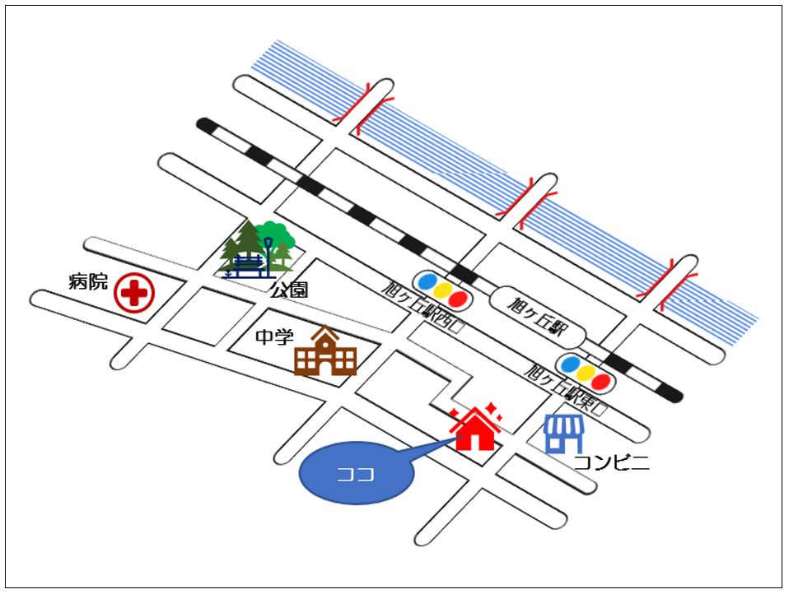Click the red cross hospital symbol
(x=134, y=293)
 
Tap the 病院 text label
(x=88, y=281)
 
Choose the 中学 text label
(x=274, y=336)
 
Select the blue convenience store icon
(x=564, y=433)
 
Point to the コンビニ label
(x=611, y=462)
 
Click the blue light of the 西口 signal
(x=427, y=282)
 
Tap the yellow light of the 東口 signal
(x=586, y=373)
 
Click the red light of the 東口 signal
(x=602, y=381)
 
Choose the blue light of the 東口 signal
(x=569, y=364)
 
